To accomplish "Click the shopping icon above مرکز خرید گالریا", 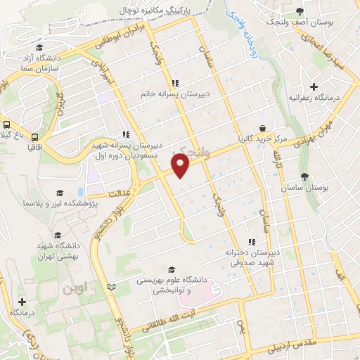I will (263, 128).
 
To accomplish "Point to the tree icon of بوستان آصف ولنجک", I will (300, 11).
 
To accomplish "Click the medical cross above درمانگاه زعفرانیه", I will (314, 86).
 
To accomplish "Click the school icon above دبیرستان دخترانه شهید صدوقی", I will (251, 243).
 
